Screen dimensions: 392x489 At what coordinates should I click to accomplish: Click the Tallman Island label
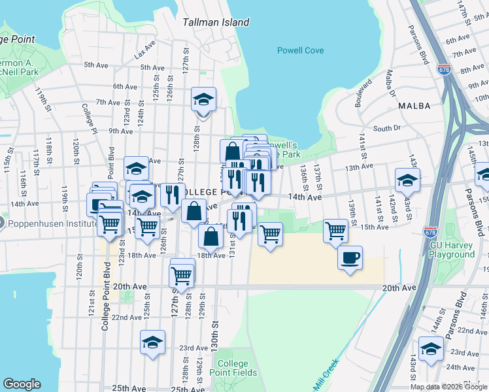[216, 22]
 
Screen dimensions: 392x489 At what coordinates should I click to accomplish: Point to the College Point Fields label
[233, 368]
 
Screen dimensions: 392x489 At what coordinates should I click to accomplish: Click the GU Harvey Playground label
[452, 250]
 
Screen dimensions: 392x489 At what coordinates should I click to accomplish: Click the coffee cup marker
[350, 257]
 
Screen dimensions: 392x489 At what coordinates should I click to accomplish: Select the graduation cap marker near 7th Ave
[203, 100]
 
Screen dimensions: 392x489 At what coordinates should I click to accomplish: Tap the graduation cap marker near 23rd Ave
[152, 342]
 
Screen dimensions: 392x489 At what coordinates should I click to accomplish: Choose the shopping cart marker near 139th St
[335, 230]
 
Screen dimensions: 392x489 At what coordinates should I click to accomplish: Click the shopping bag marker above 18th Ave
[211, 236]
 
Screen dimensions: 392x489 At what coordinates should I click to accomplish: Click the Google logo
[22, 384]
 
